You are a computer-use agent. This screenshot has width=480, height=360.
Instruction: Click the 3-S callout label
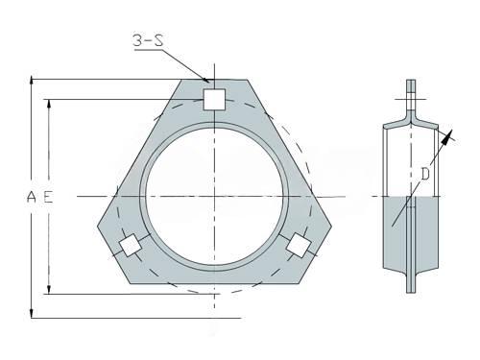point(148,40)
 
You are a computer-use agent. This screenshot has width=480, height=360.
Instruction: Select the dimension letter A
point(32,197)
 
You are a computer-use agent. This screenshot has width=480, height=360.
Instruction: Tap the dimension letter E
point(48,197)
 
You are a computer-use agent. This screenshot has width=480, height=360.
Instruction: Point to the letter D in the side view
point(425,175)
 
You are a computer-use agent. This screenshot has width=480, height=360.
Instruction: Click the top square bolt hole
point(214,100)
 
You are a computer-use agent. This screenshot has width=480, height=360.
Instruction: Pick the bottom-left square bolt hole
point(131,245)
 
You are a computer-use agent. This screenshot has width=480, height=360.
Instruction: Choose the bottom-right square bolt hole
point(299,245)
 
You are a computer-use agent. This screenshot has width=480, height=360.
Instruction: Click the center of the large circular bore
point(214,196)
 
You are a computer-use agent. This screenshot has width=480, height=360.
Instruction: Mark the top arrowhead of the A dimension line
point(31,80)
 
